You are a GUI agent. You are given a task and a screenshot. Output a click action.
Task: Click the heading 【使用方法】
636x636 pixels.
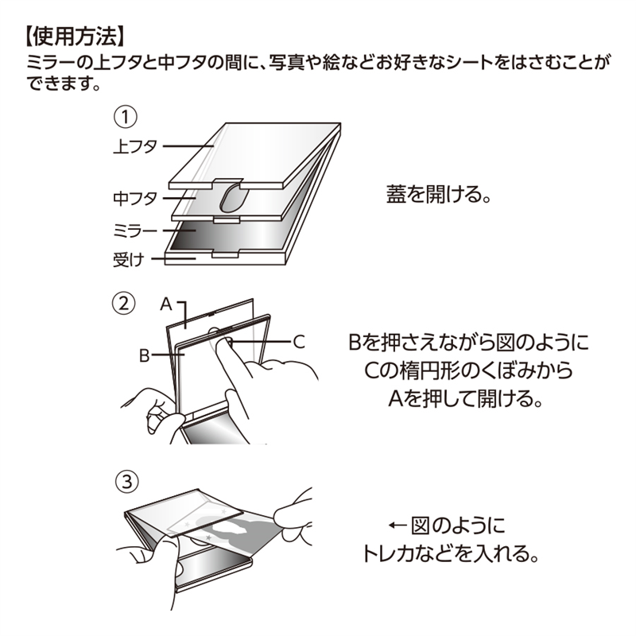pyautogui.click(x=72, y=35)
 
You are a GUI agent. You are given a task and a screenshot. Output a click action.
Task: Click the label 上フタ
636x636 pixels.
pyautogui.click(x=137, y=145)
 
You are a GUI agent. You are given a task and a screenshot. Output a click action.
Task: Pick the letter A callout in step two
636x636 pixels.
pyautogui.click(x=166, y=303)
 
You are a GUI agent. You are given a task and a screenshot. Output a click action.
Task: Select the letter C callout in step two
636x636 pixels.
pyautogui.click(x=299, y=342)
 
